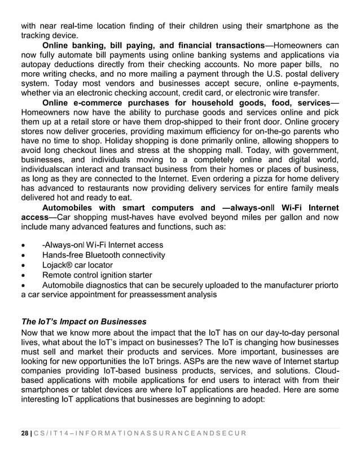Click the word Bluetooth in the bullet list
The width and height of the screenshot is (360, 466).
tap(112, 255)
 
